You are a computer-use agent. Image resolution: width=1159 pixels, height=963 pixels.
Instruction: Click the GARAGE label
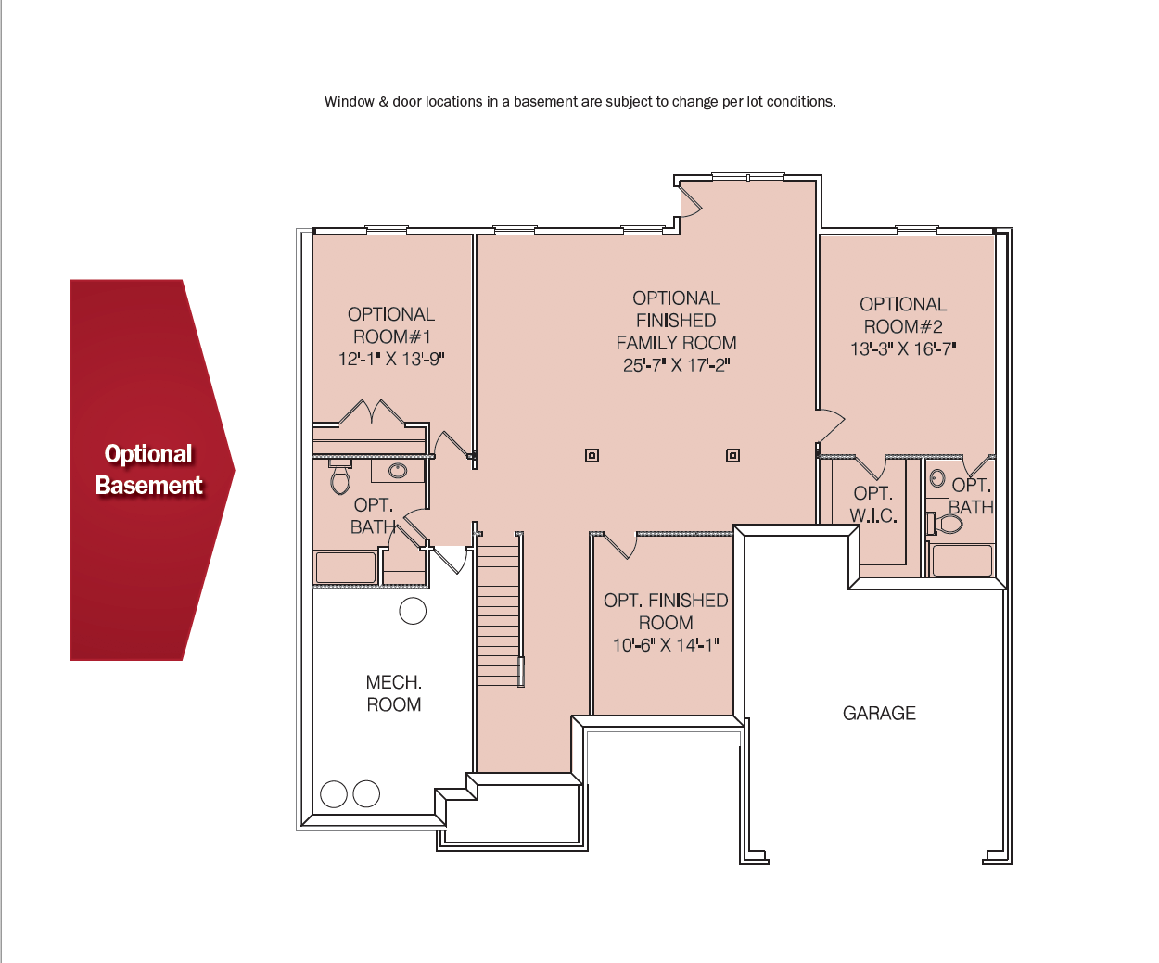(879, 713)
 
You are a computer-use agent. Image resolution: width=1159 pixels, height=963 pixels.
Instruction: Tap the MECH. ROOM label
(393, 693)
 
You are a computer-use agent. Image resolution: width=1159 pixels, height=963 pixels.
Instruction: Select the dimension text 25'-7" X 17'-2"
(676, 365)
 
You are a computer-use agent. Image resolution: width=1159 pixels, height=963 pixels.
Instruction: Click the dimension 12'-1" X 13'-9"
(391, 359)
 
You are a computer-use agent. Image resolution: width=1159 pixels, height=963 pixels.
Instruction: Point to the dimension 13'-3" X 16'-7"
(903, 349)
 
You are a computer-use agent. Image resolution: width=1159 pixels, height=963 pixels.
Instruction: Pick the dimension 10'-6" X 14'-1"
(666, 645)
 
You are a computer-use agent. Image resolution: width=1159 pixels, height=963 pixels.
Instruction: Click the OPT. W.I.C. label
(872, 504)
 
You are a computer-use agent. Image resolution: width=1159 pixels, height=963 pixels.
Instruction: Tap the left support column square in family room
(592, 455)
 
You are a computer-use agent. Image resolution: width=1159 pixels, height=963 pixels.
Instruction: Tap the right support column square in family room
(732, 455)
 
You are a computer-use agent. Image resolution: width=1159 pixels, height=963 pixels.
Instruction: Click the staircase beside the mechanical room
(498, 615)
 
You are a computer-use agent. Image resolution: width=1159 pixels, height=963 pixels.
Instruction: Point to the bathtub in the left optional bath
(346, 567)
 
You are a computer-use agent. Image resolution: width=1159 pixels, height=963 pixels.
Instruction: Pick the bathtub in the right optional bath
(962, 560)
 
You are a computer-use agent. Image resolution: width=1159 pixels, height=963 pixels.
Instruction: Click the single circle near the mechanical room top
(413, 610)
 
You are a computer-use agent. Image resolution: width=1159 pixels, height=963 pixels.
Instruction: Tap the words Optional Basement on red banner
(148, 470)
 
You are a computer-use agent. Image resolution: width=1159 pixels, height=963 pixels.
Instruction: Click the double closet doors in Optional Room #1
(371, 412)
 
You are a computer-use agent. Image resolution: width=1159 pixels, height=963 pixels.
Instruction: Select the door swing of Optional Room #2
(830, 425)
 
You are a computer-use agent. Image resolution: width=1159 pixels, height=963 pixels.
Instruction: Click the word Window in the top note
(349, 102)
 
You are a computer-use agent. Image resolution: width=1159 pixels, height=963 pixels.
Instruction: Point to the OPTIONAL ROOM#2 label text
(903, 315)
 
